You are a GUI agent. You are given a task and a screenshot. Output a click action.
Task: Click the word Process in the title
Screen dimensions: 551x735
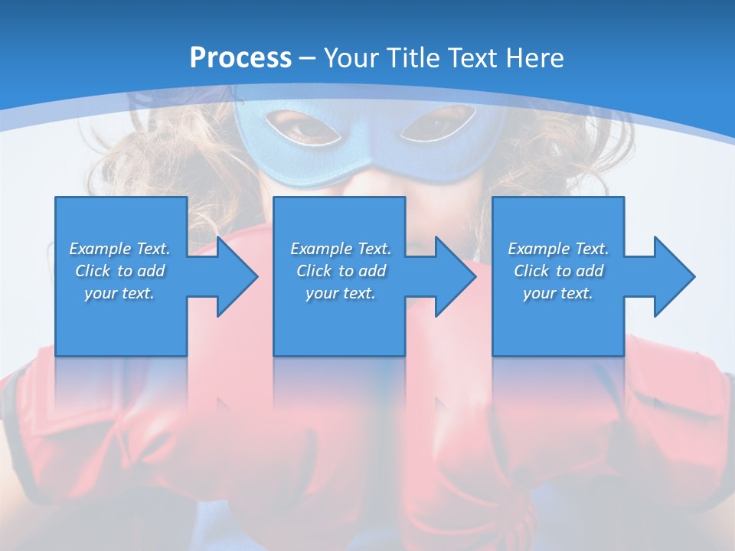(240, 58)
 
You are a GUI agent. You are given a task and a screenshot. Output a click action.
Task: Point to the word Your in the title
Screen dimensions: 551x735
(352, 58)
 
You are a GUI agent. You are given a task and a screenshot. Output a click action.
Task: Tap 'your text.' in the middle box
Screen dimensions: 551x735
(340, 294)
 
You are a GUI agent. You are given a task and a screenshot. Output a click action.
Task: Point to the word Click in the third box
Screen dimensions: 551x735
(532, 271)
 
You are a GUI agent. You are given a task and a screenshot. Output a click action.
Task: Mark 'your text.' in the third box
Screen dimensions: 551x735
(558, 294)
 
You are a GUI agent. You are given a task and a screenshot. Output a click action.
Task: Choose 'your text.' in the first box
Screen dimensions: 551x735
(119, 294)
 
